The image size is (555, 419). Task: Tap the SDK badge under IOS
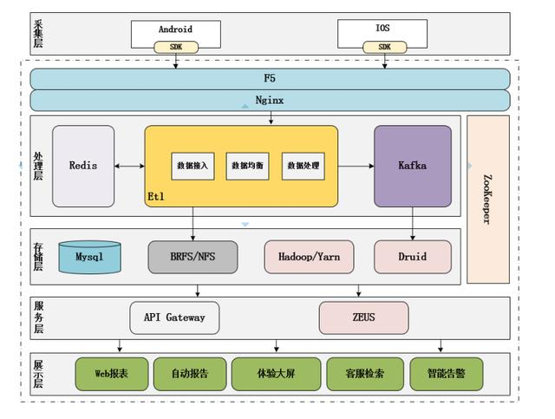point(384,47)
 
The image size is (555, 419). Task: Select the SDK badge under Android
point(175,47)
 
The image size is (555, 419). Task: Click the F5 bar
point(270,78)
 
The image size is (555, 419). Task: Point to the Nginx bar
point(270,101)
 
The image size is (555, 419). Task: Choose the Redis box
point(83,166)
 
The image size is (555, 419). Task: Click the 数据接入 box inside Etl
point(193,166)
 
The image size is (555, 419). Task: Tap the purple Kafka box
point(413,166)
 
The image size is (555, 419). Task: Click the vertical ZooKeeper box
point(487,199)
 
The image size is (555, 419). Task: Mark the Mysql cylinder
point(89,257)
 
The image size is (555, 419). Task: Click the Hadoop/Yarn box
point(310,257)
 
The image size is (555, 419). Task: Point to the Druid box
point(413,257)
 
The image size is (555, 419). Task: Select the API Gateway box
point(174,318)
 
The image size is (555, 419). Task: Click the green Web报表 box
point(112,374)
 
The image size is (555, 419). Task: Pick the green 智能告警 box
point(447,374)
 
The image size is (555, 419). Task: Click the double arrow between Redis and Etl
point(129,166)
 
